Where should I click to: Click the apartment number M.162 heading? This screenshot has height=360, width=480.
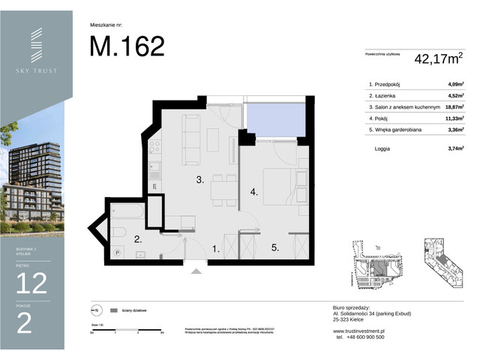tap(127, 46)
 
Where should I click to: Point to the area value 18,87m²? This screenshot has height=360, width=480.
tap(454, 107)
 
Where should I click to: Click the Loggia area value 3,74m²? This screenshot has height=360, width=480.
tap(454, 149)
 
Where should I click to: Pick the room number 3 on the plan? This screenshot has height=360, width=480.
tap(200, 180)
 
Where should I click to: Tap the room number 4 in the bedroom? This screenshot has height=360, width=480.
tap(254, 193)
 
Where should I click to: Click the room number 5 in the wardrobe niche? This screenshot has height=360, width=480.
tap(275, 247)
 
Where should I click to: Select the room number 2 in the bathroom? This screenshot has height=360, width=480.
tap(137, 240)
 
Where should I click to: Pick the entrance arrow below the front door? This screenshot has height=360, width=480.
tap(197, 272)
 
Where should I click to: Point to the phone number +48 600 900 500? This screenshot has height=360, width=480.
tap(361, 337)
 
